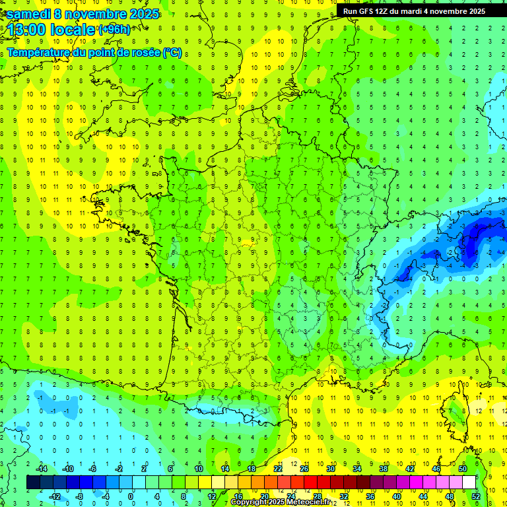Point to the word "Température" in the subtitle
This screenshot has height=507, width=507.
pos(39,52)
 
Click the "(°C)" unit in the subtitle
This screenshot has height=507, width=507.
pos(172,52)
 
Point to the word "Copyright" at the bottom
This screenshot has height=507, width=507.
pos(250,502)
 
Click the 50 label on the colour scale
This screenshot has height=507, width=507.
pos(463,469)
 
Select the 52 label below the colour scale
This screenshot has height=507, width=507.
pos(476,496)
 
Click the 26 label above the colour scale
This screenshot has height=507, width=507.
pos(304,469)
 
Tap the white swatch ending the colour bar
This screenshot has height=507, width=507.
pos(469,483)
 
